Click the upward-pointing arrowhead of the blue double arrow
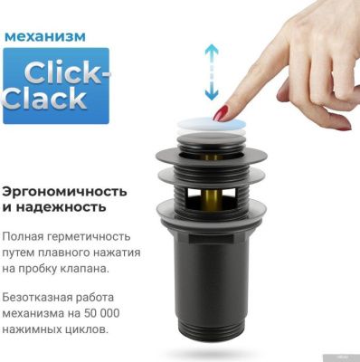212,48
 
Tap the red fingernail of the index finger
221,113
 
